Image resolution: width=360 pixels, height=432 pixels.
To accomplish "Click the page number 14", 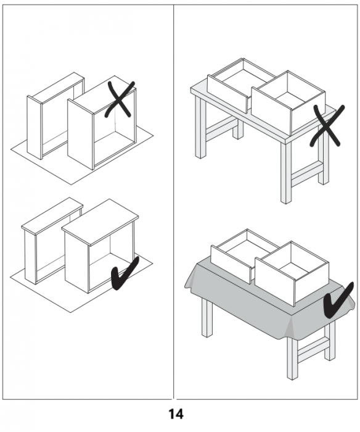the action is (x=176, y=414).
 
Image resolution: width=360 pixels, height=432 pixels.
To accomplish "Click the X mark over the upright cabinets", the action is (x=120, y=100).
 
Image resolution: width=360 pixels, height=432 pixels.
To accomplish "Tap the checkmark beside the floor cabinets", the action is (x=125, y=273).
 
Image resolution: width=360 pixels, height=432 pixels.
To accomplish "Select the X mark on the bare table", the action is (x=327, y=126).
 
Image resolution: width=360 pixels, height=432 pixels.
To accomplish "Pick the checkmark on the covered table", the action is (x=338, y=301).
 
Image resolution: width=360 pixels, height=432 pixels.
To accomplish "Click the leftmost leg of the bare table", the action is (x=200, y=126).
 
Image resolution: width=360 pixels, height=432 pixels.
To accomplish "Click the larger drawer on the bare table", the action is (x=288, y=102).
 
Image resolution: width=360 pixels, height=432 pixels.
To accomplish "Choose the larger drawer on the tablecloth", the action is (x=292, y=273).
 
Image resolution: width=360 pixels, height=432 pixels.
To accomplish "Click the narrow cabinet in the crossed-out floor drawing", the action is (x=55, y=116).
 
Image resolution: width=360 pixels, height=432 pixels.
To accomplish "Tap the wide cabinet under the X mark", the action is (x=102, y=123).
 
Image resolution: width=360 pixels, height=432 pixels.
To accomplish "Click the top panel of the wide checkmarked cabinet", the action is (x=100, y=222).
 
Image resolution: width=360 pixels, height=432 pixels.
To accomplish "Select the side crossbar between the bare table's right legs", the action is (x=306, y=173).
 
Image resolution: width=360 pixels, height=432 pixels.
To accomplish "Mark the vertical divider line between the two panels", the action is (x=173, y=202).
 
